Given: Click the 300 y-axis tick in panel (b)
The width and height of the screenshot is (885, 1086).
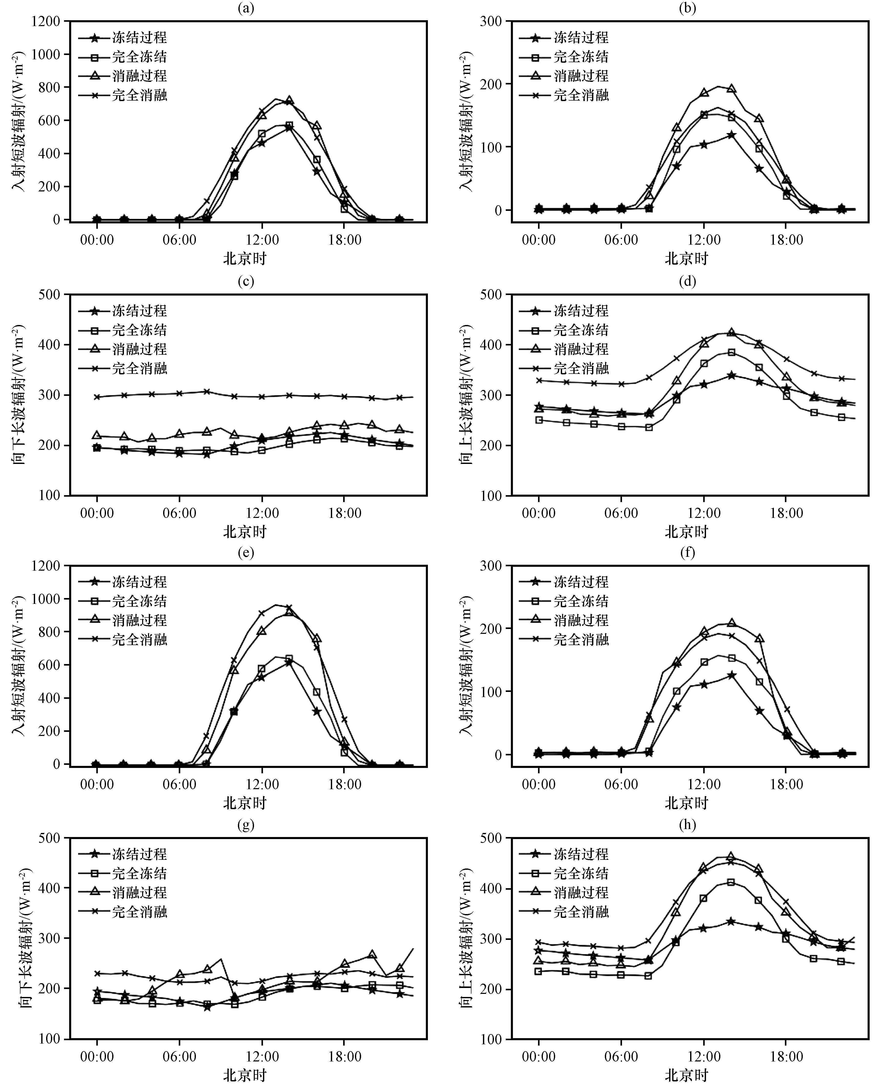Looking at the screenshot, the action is pos(491,21).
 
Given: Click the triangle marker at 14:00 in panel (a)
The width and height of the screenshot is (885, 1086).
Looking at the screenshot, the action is pos(289,100).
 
